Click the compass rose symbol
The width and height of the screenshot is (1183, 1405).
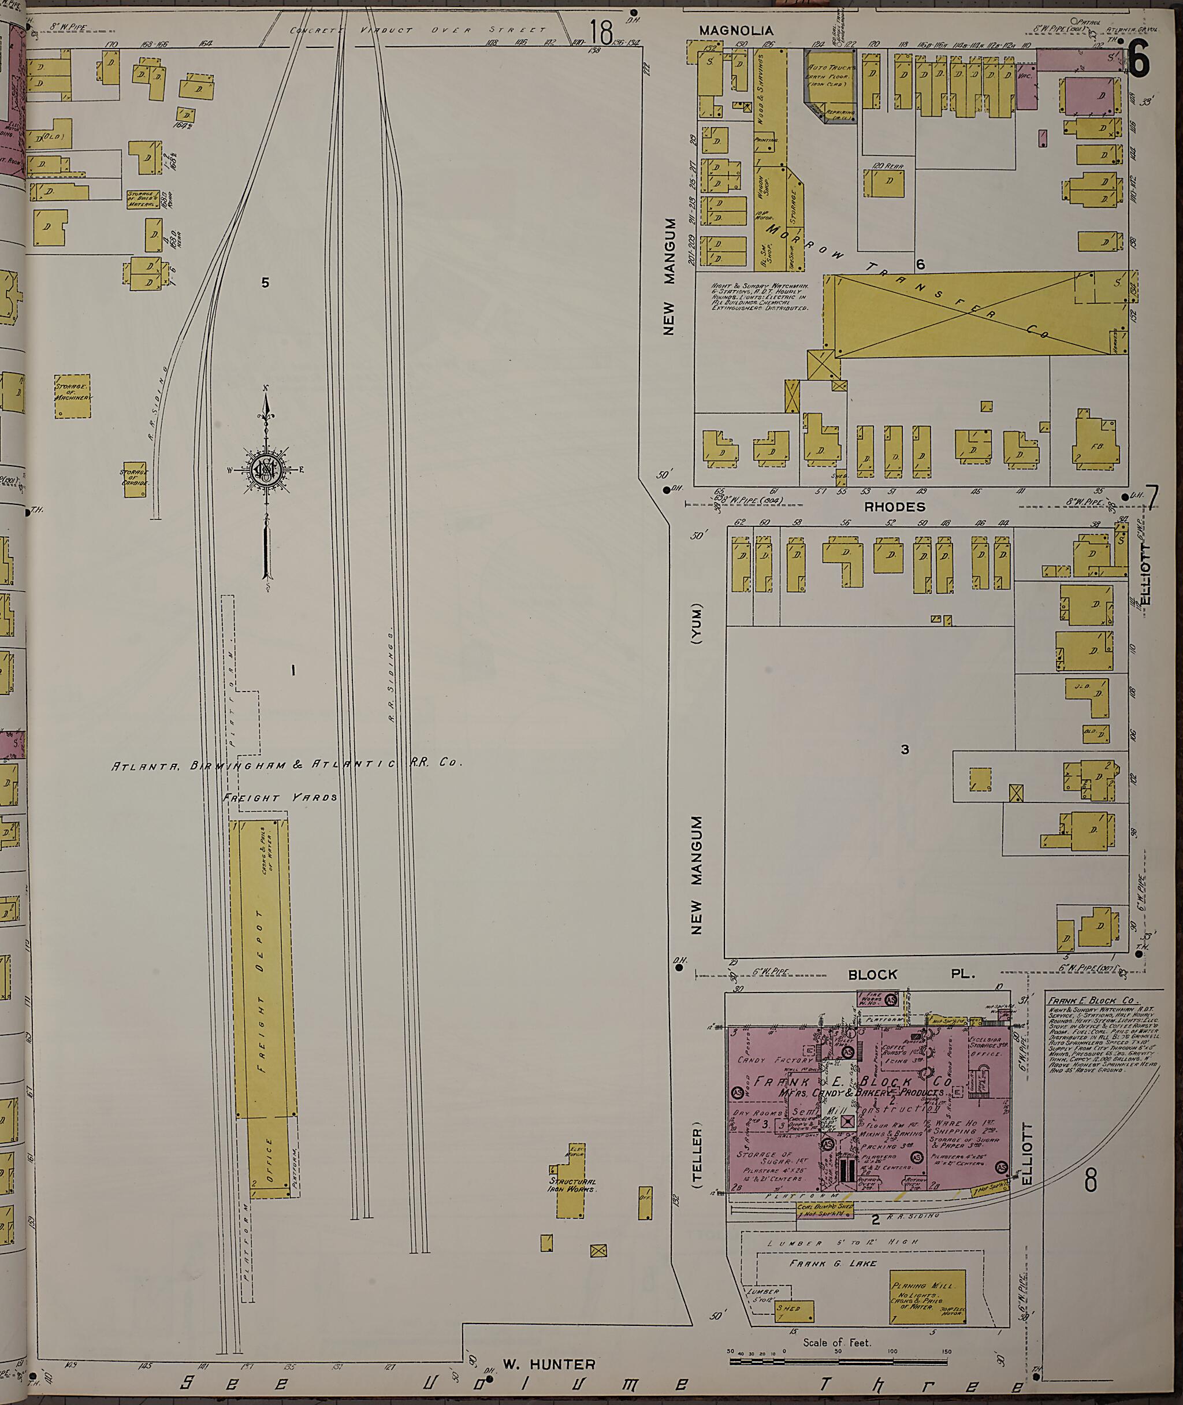tap(267, 470)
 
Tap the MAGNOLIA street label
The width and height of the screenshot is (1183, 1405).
tap(736, 31)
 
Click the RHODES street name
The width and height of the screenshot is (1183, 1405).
tap(894, 507)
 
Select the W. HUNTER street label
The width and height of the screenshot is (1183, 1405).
tap(549, 1364)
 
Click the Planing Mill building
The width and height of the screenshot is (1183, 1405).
tap(928, 1297)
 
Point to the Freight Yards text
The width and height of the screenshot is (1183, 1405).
tap(280, 798)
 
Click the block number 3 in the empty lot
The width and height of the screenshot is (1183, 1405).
tap(904, 750)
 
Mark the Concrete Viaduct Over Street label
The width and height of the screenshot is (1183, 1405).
tap(418, 30)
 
